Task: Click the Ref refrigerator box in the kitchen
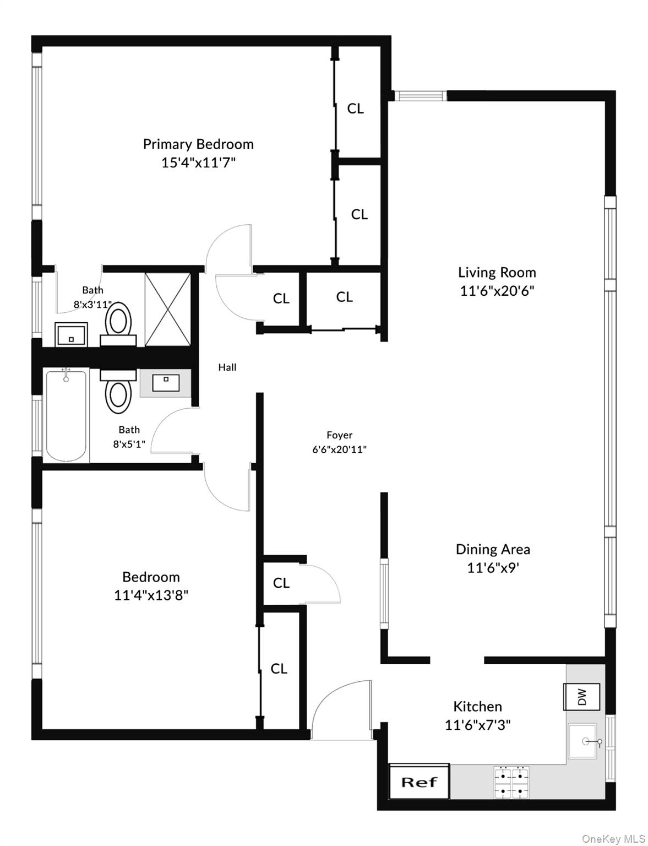coord(419,782)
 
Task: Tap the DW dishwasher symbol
coord(581,697)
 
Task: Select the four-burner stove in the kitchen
coord(511,783)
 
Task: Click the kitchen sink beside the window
coord(582,741)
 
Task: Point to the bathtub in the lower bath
coord(66,416)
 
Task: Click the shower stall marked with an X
coord(167,309)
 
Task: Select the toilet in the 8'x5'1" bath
coord(118,392)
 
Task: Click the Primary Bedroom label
coord(198,144)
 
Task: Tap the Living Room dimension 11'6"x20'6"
coord(497,290)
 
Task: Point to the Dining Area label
coord(493,549)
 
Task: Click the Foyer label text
coord(339,435)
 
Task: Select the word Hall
coord(227,367)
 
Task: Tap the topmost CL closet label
coord(355,109)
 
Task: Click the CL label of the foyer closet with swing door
coord(281,583)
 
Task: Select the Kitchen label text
coord(477,706)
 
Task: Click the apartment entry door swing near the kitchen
coord(341,711)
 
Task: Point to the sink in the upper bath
coord(72,334)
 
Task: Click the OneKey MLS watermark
coord(613,839)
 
